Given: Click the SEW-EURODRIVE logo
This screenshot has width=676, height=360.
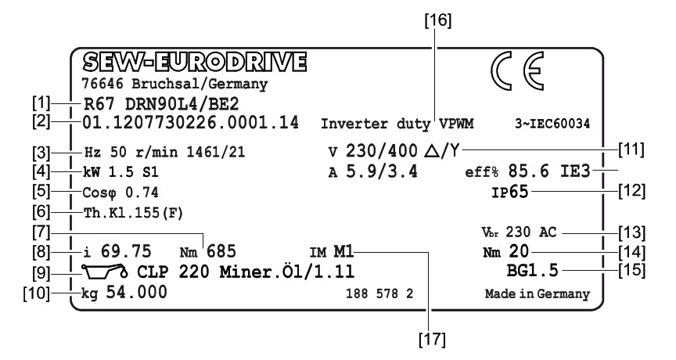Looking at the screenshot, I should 196,62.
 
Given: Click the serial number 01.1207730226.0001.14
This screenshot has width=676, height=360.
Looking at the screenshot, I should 189,123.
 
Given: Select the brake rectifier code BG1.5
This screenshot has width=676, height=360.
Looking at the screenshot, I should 534,272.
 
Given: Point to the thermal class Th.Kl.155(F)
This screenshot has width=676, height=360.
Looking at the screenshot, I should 128,211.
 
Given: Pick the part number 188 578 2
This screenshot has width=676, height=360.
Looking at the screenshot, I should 379,295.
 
